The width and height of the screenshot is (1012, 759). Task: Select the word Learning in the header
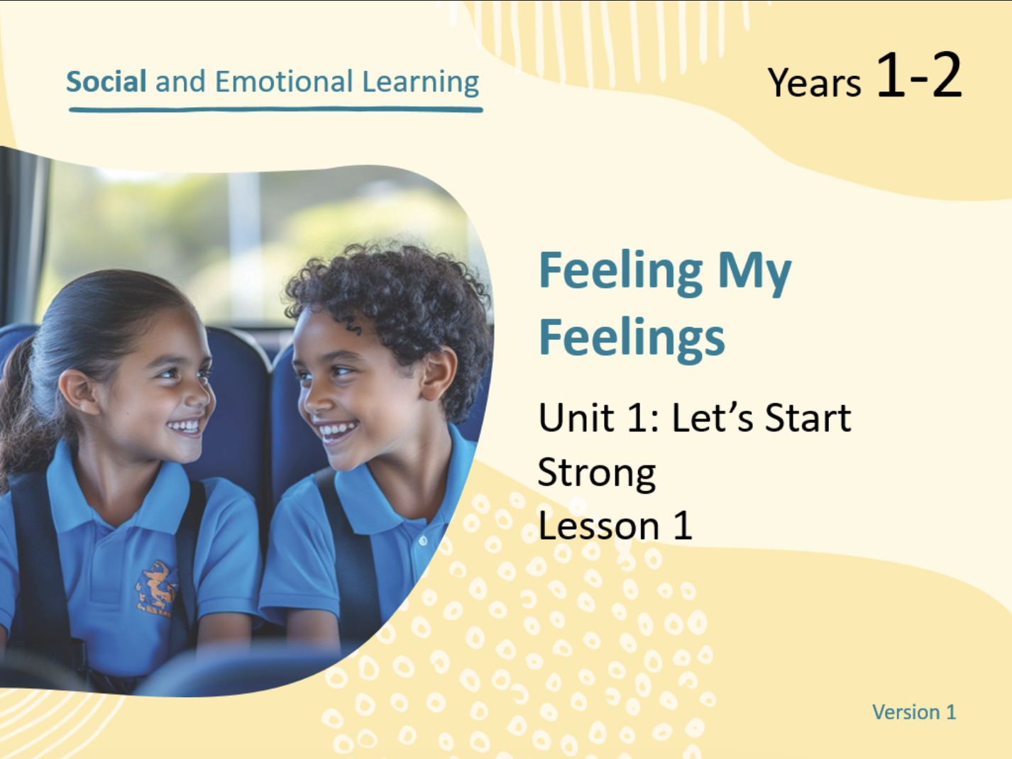[x=420, y=83]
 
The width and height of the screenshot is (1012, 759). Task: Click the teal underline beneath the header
[x=275, y=110]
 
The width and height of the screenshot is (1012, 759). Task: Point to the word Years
[x=814, y=83]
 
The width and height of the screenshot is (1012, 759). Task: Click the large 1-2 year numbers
[x=919, y=74]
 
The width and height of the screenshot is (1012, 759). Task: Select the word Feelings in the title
[x=632, y=340]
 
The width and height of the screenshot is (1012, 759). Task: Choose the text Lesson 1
[x=615, y=526]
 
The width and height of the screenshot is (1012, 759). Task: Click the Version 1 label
[x=914, y=712]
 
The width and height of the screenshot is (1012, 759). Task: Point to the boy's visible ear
[x=437, y=372]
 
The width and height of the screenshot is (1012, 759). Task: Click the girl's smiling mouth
[x=185, y=426]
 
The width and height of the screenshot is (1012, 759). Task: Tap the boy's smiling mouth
[x=338, y=431]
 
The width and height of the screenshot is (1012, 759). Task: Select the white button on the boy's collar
[x=423, y=540]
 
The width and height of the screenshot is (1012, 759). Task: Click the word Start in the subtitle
[x=808, y=417]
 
